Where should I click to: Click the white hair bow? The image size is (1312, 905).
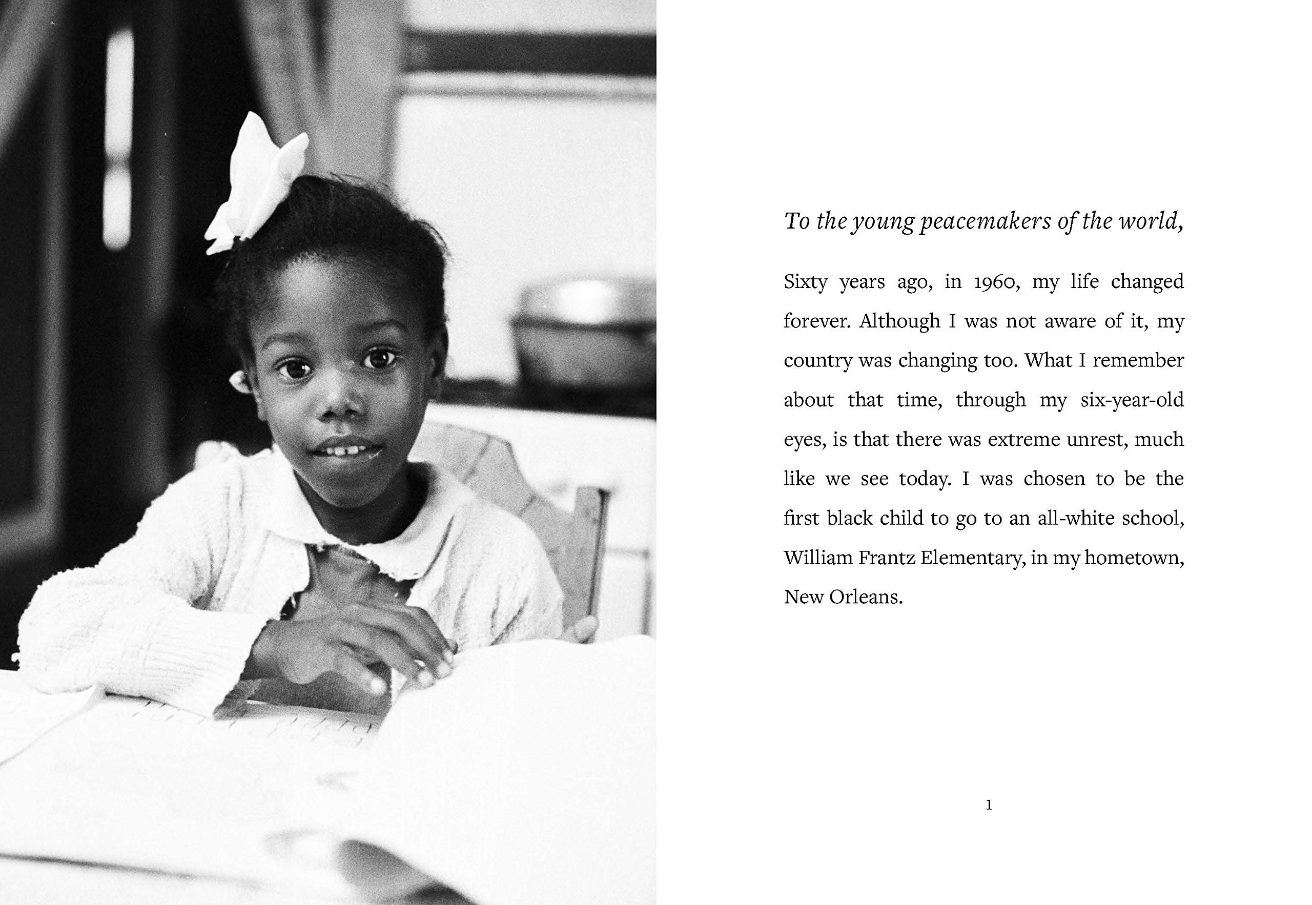pos(258,181)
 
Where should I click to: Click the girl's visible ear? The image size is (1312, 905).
pos(240,381)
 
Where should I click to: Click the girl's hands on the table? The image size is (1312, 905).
pos(363,641)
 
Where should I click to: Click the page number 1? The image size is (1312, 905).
pos(989,805)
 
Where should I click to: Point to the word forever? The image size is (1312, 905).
pos(817,321)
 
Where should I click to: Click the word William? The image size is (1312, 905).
pos(818,558)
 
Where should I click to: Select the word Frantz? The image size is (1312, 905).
pos(887,558)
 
